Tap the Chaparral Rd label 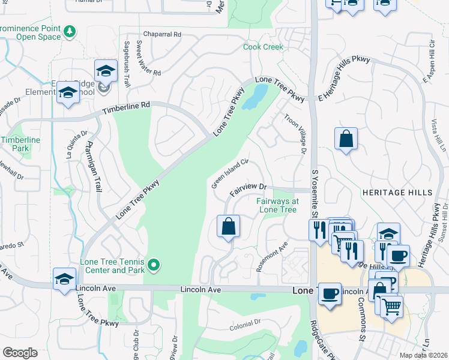(x=161, y=35)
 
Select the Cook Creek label (x=262, y=47)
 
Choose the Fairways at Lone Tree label (x=277, y=206)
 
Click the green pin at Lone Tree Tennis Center (x=154, y=264)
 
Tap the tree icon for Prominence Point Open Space (x=70, y=30)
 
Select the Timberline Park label (x=15, y=143)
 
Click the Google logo (x=20, y=353)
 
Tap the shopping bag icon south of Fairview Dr (x=228, y=227)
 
